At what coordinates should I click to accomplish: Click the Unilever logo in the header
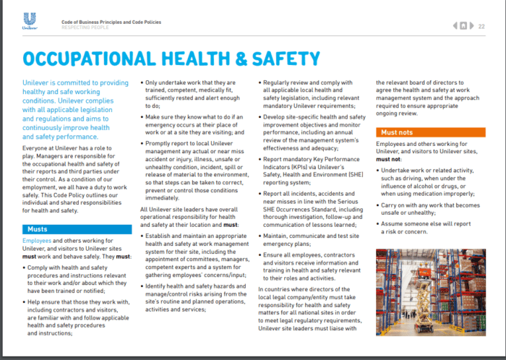30,22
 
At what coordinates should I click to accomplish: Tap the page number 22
482,26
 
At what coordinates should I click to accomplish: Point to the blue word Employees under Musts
37,241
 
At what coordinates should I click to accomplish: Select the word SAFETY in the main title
317,59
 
